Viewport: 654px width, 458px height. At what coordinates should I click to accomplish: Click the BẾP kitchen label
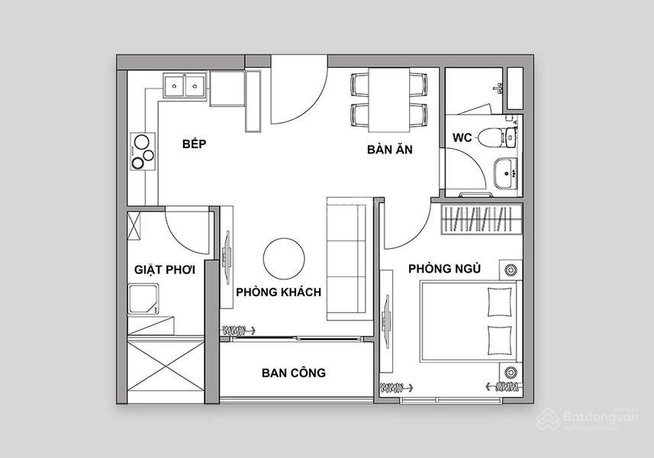pos(195,144)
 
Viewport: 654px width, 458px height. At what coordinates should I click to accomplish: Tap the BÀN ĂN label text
pos(389,149)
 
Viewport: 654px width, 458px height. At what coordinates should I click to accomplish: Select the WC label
pos(462,137)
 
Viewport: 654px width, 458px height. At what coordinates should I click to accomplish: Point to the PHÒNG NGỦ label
pos(445,268)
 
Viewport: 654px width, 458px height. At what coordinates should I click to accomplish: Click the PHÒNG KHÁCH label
pos(279,292)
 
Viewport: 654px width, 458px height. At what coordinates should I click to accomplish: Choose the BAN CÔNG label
pos(294,373)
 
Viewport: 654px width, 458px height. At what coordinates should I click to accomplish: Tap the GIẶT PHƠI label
pos(165,269)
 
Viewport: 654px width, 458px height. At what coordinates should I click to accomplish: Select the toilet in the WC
pos(497,137)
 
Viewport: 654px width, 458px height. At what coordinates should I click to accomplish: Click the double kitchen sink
pos(185,85)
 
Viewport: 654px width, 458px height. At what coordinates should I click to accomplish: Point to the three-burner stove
pos(143,151)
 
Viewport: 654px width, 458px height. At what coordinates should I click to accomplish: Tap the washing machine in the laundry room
pos(143,298)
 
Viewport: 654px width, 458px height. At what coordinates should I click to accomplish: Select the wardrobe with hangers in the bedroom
pos(482,219)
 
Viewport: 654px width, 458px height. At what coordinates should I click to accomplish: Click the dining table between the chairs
pos(388,100)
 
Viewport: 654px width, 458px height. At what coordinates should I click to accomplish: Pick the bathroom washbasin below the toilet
pos(505,173)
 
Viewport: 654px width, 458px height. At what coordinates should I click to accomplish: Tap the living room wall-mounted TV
pos(227,257)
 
